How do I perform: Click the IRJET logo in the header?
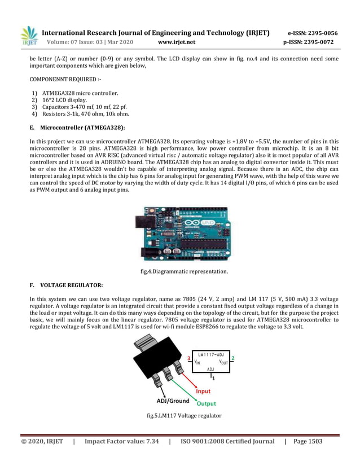(x=29, y=37)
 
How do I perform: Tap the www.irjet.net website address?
(x=177, y=42)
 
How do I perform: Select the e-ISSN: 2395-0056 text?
(x=313, y=33)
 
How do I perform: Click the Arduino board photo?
(x=179, y=234)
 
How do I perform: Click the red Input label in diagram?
(x=203, y=391)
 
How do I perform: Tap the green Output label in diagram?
(x=205, y=403)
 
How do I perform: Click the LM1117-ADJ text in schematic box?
(x=211, y=354)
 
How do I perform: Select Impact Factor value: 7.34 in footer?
(x=121, y=441)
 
